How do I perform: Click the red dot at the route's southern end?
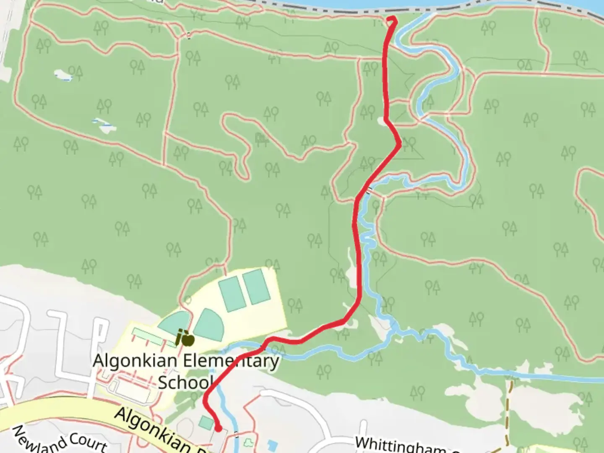coord(219,428)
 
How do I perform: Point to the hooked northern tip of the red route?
coord(392,18)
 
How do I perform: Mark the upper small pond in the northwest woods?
coord(64,75)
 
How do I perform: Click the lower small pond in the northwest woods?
coord(102,124)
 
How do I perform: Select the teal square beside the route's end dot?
coord(206,422)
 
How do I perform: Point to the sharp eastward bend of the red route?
coord(399,144)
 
